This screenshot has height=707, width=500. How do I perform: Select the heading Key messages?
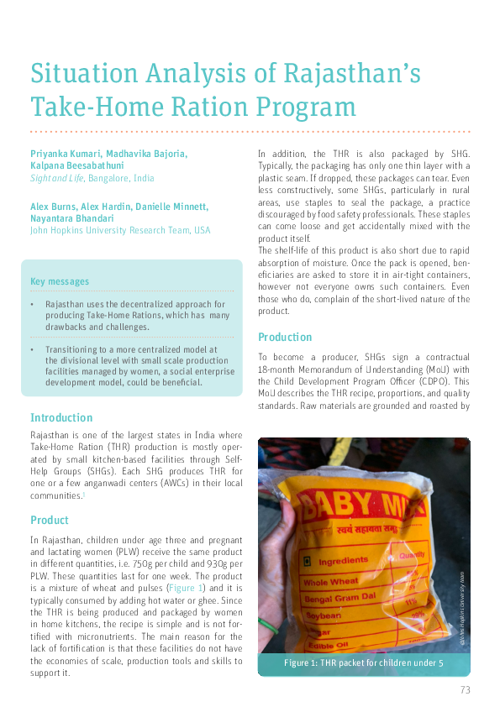(60, 281)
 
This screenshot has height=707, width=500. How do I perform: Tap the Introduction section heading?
(61, 417)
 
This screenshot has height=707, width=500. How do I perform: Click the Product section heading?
(50, 520)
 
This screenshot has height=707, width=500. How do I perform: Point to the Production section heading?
(285, 337)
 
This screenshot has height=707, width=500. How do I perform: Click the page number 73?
(465, 689)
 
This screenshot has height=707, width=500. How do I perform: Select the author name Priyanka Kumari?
(61, 154)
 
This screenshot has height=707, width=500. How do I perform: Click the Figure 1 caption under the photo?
(363, 663)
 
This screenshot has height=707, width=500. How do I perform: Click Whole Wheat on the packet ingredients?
(332, 581)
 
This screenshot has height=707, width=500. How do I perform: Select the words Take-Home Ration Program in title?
(193, 107)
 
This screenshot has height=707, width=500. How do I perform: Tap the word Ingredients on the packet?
(343, 560)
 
